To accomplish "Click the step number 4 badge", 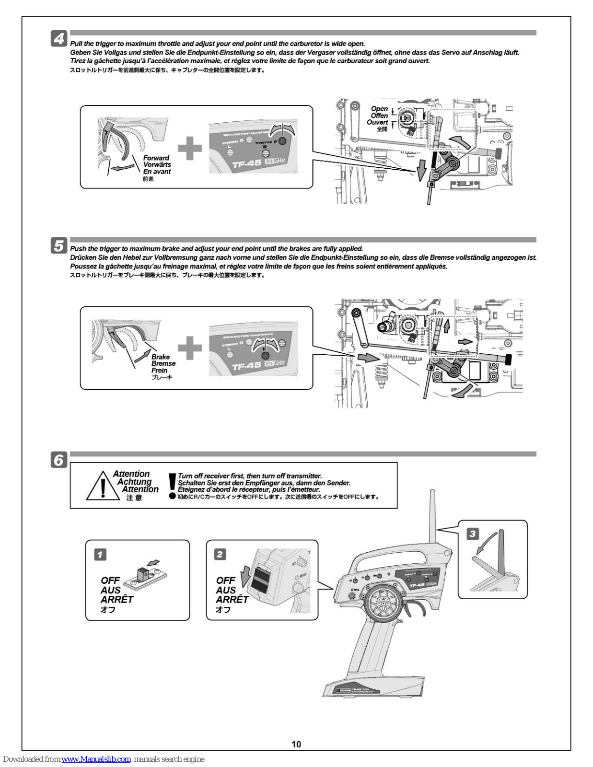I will [x=59, y=38].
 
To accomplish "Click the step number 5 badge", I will [x=59, y=246].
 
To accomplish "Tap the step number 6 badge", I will [x=59, y=460].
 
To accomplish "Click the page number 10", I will [x=296, y=744].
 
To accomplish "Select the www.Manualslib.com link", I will [x=96, y=759].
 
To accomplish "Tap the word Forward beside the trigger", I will [x=156, y=158].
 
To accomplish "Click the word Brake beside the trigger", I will [x=161, y=357].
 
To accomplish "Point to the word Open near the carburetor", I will [x=379, y=109].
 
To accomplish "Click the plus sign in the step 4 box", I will [x=190, y=148].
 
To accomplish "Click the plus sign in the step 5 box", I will [x=190, y=348].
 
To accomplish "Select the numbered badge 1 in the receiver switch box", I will [x=100, y=555].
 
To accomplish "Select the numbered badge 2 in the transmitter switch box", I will [x=220, y=555].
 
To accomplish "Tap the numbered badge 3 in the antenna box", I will [x=473, y=534].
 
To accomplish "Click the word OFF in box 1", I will [x=110, y=581].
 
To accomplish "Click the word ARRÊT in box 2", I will [x=232, y=600].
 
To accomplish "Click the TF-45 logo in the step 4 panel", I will [x=247, y=163].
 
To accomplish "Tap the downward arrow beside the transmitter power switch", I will [x=246, y=575].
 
